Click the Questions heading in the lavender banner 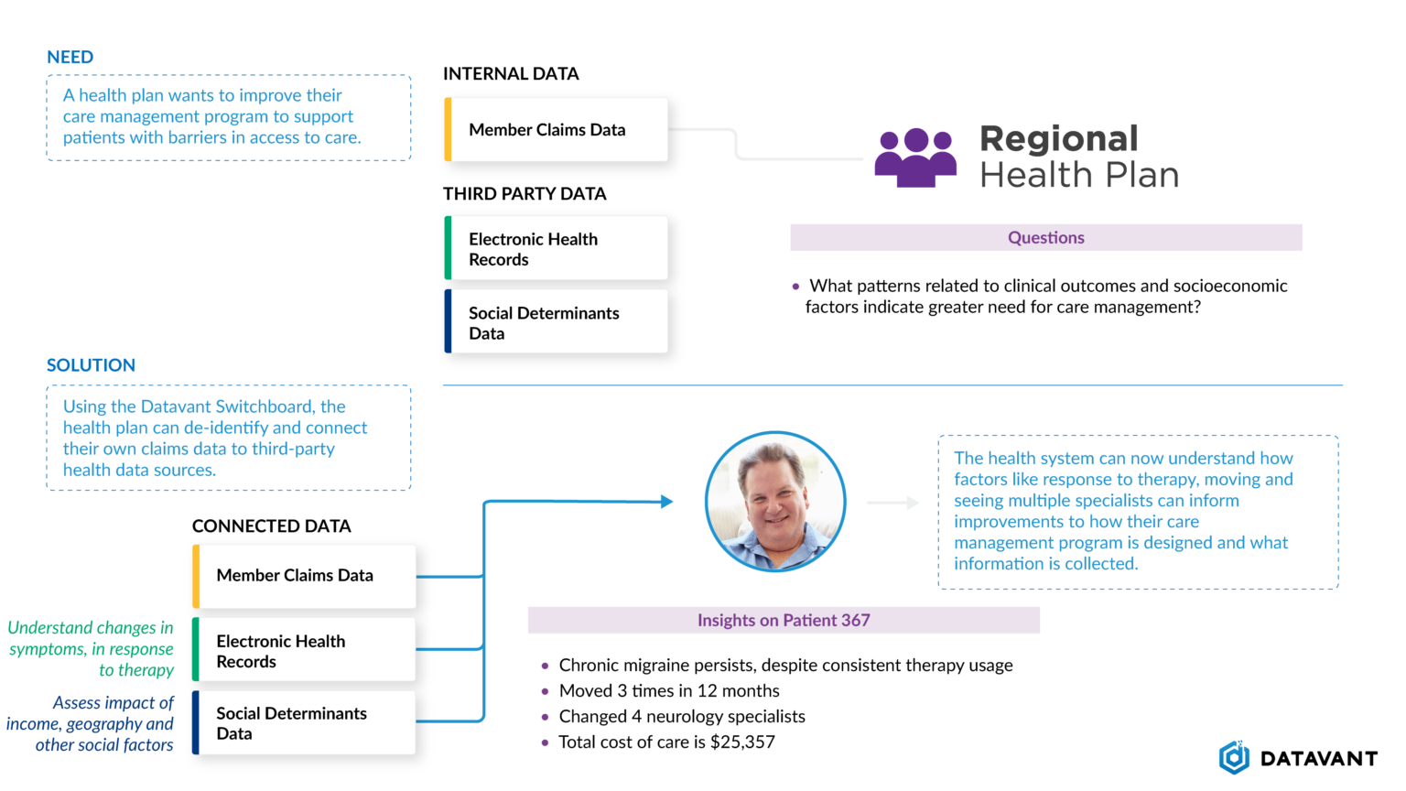pos(1045,238)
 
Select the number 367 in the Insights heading pos(855,621)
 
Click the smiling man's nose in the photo pos(771,504)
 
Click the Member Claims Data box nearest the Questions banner pos(557,130)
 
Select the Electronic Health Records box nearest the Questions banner pos(557,249)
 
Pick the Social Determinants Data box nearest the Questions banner pos(557,322)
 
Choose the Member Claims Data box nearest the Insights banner pos(305,576)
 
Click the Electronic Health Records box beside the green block pos(305,650)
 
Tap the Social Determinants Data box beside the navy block pos(305,722)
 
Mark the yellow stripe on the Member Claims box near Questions pos(448,130)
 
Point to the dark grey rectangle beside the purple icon pos(1190,156)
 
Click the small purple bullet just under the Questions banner pos(800,287)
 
